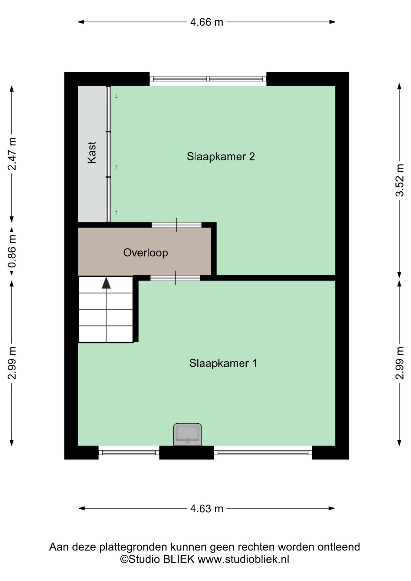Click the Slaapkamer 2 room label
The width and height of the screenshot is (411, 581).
click(x=221, y=156)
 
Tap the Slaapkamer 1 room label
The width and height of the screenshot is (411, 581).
click(x=223, y=363)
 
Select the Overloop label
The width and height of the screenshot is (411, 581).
click(x=146, y=253)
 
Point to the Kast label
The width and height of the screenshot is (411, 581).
click(x=92, y=153)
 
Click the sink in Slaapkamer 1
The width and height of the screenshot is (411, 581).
click(x=188, y=435)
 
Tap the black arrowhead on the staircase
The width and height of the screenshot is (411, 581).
click(x=106, y=283)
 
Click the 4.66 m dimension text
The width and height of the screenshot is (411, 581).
click(x=207, y=22)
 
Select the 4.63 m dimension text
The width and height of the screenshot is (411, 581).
click(x=207, y=509)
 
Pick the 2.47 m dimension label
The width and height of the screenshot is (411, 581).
click(x=12, y=154)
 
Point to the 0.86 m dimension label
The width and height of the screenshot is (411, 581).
click(x=12, y=251)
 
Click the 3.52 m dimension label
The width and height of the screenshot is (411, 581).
click(x=399, y=180)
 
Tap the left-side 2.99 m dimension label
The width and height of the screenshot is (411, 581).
click(x=12, y=363)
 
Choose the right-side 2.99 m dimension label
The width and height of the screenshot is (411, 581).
click(x=399, y=363)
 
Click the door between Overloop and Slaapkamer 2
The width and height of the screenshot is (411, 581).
click(x=176, y=225)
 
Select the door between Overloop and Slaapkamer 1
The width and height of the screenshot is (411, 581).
click(x=175, y=278)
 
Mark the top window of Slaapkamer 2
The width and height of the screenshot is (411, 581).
click(x=208, y=79)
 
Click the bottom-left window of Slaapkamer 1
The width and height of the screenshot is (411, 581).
click(x=129, y=453)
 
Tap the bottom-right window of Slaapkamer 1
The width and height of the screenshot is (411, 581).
click(x=263, y=453)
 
